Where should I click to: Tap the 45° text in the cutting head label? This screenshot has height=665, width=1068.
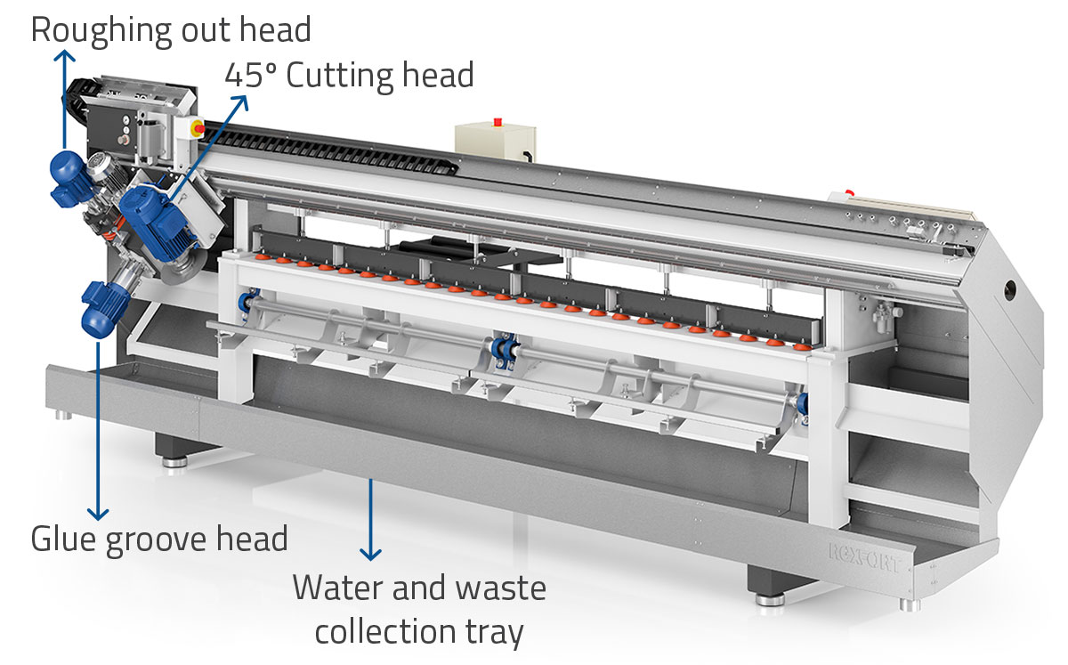tap(250, 75)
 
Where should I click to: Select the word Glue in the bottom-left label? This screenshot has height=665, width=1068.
tap(65, 539)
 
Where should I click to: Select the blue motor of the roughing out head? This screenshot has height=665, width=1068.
tap(66, 173)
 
